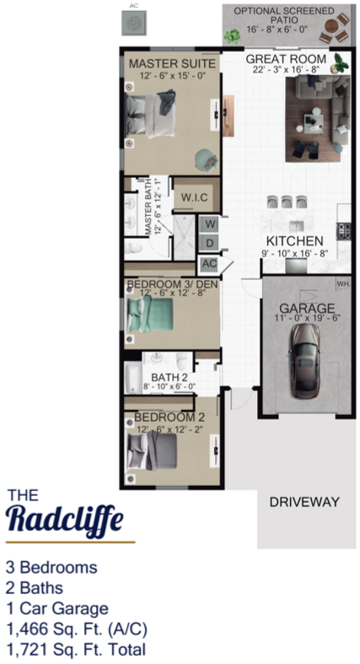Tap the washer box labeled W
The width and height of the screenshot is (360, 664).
(x=211, y=224)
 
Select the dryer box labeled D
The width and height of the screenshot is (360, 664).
(x=210, y=244)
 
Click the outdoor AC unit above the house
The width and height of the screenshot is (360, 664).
(x=134, y=23)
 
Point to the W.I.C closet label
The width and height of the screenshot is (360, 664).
(x=194, y=197)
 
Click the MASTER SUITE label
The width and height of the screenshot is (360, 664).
(x=172, y=64)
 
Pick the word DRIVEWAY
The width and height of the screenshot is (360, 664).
(x=304, y=502)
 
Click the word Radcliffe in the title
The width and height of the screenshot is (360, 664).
(x=66, y=520)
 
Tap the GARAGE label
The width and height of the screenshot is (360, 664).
(x=307, y=308)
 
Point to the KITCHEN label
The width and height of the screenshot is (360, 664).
(x=294, y=241)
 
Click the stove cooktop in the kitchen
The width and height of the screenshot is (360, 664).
(x=342, y=231)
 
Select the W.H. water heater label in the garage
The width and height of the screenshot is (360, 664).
(x=342, y=284)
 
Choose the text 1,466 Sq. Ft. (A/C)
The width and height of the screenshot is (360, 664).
(x=77, y=629)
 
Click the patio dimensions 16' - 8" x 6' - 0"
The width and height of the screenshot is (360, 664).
(x=277, y=30)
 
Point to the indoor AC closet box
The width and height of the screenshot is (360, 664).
(x=209, y=264)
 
